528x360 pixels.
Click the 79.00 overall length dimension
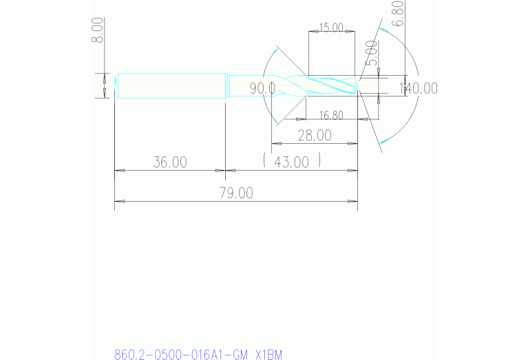coord(235,193)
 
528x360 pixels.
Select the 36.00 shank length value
coord(169,162)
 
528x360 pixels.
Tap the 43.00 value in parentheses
coord(292,162)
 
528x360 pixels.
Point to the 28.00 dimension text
coord(314,136)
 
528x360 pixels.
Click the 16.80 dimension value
coord(331,115)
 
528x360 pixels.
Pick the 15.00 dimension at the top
coord(330,28)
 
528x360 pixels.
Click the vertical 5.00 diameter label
coord(371,53)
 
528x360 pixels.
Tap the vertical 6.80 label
coord(397,14)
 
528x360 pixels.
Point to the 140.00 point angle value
coord(418,88)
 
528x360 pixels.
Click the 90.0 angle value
coord(262,88)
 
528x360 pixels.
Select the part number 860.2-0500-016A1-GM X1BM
coord(198,354)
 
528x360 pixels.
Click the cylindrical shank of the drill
coord(172,86)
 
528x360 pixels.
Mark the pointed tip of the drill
coord(357,87)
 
